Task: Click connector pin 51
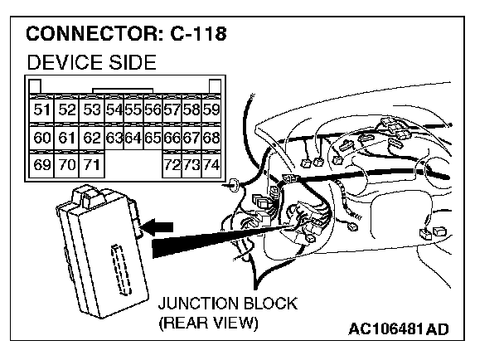click(x=41, y=109)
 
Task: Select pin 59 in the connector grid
click(x=211, y=109)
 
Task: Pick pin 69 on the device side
click(x=41, y=165)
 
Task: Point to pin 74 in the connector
click(x=211, y=165)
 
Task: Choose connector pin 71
click(x=91, y=165)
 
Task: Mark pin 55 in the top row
click(x=133, y=109)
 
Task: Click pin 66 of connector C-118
click(x=172, y=137)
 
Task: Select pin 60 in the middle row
click(x=41, y=137)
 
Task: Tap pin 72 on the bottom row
click(x=172, y=165)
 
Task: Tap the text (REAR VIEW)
click(x=208, y=322)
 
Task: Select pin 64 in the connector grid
click(x=133, y=137)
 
